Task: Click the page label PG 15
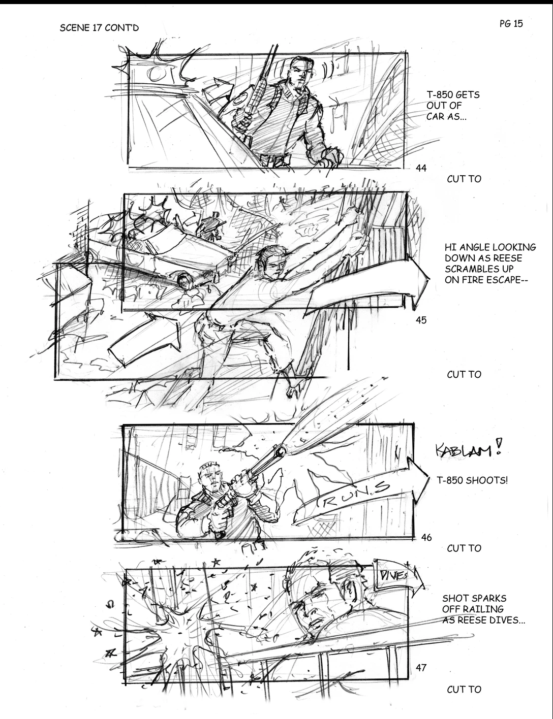(x=511, y=24)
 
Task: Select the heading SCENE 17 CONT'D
(x=99, y=28)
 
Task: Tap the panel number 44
(x=421, y=169)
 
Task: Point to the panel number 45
(x=421, y=320)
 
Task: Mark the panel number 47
(x=421, y=668)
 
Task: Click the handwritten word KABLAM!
(x=468, y=449)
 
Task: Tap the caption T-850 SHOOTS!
(x=472, y=480)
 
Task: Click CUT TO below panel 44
(x=464, y=179)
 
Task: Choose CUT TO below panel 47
(x=464, y=690)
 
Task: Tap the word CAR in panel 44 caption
(x=435, y=116)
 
